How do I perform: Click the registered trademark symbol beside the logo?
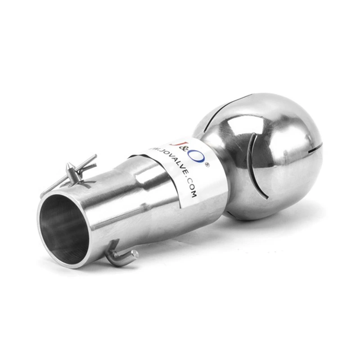pos(207,165)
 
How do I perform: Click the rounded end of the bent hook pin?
pos(135,255)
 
